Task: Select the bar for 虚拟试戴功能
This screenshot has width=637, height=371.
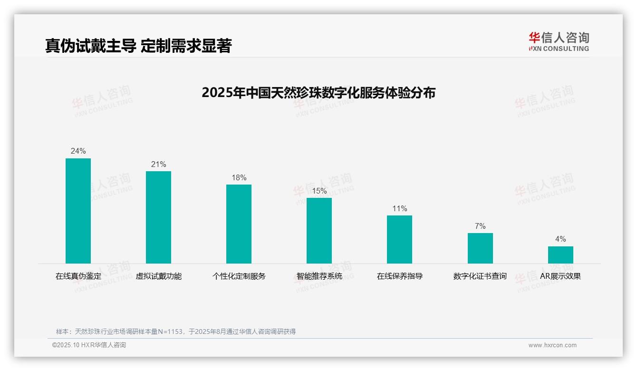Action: pyautogui.click(x=158, y=217)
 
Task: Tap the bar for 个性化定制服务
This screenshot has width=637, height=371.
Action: pyautogui.click(x=239, y=224)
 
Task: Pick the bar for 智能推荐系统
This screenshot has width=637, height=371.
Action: pyautogui.click(x=319, y=231)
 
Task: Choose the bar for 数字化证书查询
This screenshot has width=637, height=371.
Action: pyautogui.click(x=480, y=248)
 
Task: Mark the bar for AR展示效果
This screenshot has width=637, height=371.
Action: pyautogui.click(x=560, y=255)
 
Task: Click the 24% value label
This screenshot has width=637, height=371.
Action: pyautogui.click(x=78, y=151)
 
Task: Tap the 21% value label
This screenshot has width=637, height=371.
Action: pyautogui.click(x=158, y=165)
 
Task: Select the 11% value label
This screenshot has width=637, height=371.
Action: pyautogui.click(x=399, y=209)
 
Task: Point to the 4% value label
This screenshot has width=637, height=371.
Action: pyautogui.click(x=560, y=239)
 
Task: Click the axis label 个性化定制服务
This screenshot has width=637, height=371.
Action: pyautogui.click(x=239, y=276)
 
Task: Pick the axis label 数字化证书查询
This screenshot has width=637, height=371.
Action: pyautogui.click(x=480, y=276)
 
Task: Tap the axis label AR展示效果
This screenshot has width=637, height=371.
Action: pyautogui.click(x=560, y=276)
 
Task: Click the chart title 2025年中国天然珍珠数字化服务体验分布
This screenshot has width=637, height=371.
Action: pyautogui.click(x=318, y=93)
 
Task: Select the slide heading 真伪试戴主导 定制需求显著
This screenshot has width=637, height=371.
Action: pyautogui.click(x=138, y=46)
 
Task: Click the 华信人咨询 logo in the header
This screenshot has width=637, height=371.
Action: pyautogui.click(x=559, y=41)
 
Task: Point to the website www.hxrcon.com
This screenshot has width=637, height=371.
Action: pyautogui.click(x=552, y=345)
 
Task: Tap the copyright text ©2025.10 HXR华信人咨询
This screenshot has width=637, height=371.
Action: pyautogui.click(x=89, y=345)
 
